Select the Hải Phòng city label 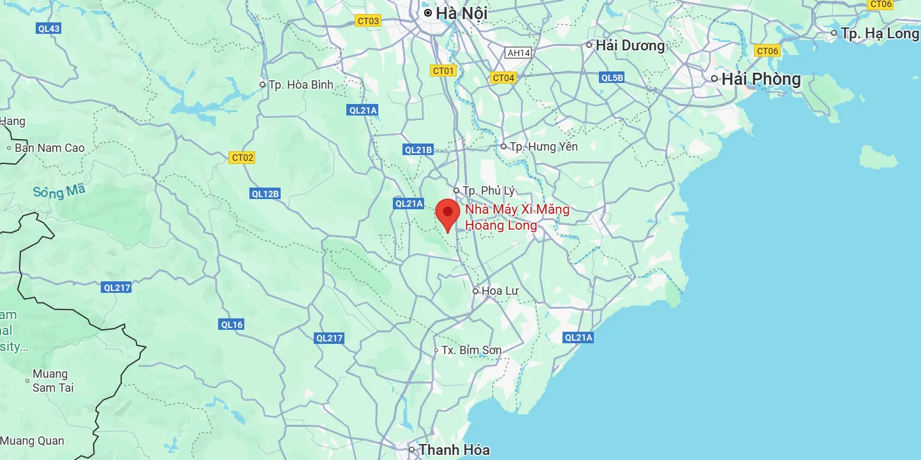pos(760,79)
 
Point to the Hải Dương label pos(630,45)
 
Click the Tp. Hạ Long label pos(880,33)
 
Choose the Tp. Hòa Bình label pos(300,84)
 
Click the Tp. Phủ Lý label pos(488,191)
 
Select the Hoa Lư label pos(499,291)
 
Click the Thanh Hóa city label pos(453,450)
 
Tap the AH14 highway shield pos(517,53)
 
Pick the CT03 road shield pos(368,21)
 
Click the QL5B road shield pos(612,78)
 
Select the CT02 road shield pos(242,158)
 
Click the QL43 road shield pos(49,28)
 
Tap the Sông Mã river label pos(59,190)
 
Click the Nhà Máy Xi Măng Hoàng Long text pos(517,217)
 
